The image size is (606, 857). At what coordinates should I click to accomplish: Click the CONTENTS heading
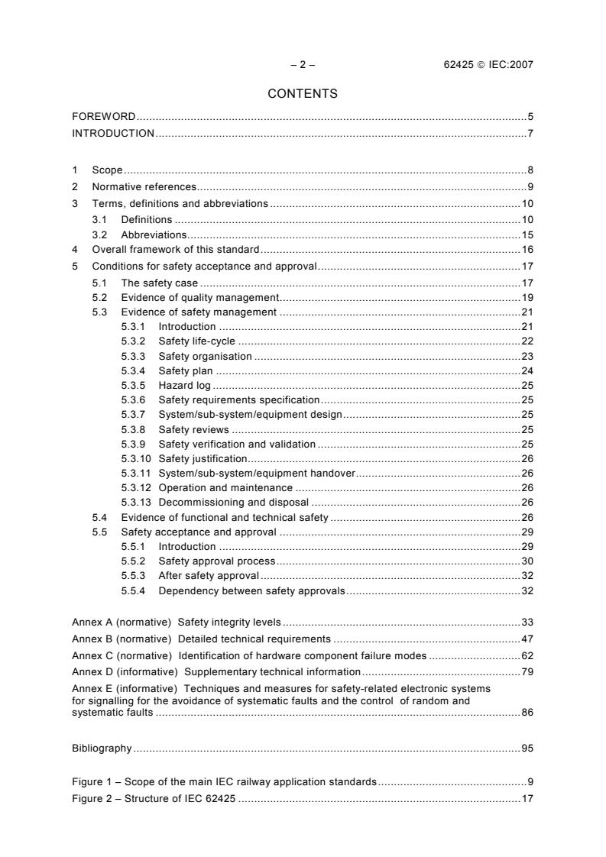click(303, 94)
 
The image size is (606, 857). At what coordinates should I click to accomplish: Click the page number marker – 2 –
click(303, 65)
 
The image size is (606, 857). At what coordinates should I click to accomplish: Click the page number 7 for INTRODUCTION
click(530, 134)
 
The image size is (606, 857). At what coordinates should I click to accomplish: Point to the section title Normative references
click(144, 187)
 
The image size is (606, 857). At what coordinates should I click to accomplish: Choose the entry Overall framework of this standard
click(176, 250)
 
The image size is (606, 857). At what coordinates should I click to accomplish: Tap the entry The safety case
click(159, 283)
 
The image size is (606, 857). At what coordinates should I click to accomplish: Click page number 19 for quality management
click(527, 297)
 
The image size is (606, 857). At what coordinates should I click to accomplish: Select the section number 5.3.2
click(134, 341)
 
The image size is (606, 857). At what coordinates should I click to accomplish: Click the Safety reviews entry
click(193, 429)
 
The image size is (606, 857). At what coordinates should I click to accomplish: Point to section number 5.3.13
click(137, 502)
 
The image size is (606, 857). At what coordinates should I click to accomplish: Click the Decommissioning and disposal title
click(233, 502)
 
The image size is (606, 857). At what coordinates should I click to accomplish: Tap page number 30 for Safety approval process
click(527, 561)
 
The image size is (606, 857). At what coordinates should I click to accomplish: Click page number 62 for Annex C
click(527, 655)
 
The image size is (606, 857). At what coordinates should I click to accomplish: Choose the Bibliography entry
click(102, 749)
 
